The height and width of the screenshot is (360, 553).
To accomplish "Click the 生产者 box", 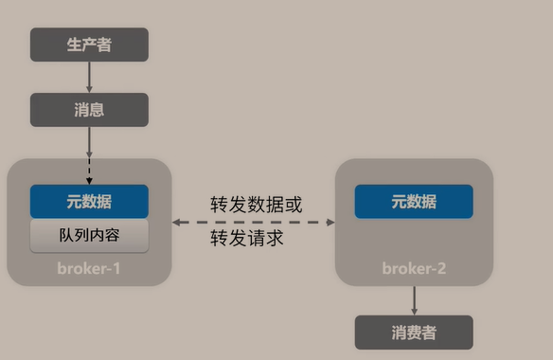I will [x=89, y=45].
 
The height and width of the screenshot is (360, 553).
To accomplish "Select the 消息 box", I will [x=89, y=110].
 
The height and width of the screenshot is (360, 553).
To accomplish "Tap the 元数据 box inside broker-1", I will [x=89, y=202].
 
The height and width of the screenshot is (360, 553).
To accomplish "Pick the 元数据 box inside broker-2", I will [x=414, y=202].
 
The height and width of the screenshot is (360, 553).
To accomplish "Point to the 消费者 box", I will [x=414, y=333].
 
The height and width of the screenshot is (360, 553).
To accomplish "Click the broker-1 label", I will [x=89, y=268].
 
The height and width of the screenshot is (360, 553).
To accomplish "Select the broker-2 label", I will [x=414, y=268].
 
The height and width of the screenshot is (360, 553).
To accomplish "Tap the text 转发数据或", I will [x=257, y=204].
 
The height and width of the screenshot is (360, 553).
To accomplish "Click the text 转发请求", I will [x=247, y=238].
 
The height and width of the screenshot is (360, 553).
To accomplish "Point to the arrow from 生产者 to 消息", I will [x=89, y=77].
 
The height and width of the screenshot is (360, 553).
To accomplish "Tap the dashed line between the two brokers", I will [x=254, y=222].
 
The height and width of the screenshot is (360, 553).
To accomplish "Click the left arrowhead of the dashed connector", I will [x=177, y=222].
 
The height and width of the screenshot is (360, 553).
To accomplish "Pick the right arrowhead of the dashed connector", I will [x=330, y=222].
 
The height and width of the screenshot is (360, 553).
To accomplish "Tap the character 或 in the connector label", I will [x=294, y=204].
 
